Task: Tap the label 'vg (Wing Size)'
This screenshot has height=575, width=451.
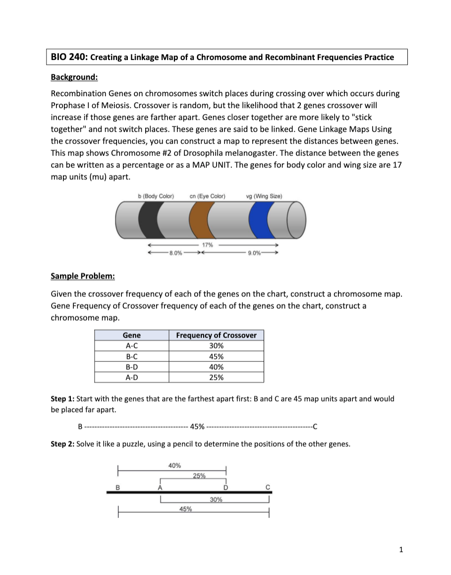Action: (x=264, y=196)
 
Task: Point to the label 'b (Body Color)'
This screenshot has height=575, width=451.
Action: (x=156, y=196)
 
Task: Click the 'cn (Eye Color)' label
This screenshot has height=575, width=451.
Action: (x=207, y=196)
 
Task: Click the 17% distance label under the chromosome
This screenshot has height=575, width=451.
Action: (x=207, y=245)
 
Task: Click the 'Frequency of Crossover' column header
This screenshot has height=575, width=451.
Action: (x=216, y=335)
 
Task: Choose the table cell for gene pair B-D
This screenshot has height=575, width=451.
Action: (x=131, y=367)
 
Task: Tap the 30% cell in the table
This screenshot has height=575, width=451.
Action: (x=216, y=346)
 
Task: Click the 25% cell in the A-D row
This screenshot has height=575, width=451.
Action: (x=216, y=377)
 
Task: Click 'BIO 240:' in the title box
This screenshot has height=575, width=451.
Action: (x=69, y=57)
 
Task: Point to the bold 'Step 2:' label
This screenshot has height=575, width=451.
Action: (x=62, y=444)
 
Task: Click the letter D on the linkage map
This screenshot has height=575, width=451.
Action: (x=225, y=487)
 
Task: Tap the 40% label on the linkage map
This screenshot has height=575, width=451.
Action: (x=174, y=465)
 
